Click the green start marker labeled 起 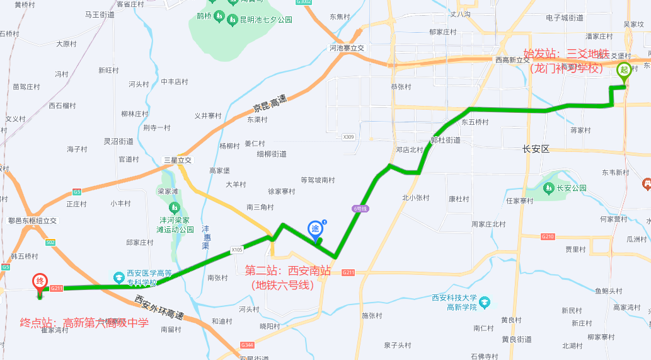click(625, 70)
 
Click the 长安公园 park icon click(548, 188)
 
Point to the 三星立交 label click(177, 160)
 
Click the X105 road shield click(237, 249)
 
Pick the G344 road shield click(247, 345)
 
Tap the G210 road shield click(547, 236)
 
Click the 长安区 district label click(536, 149)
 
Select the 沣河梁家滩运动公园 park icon click(174, 207)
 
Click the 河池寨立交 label click(347, 48)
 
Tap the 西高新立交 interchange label click(512, 60)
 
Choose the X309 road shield click(349, 137)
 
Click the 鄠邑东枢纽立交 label click(32, 221)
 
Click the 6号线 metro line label click(359, 209)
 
